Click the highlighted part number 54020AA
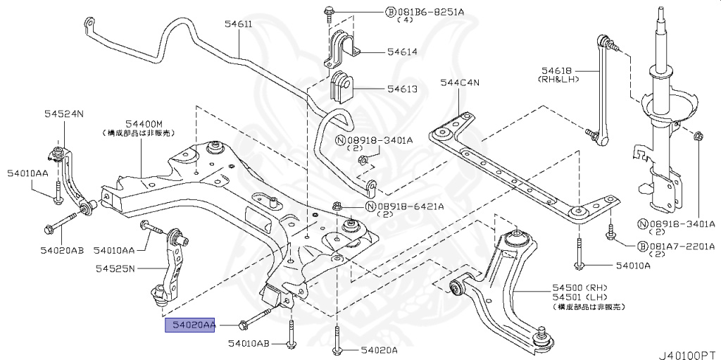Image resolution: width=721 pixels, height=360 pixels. [189, 325]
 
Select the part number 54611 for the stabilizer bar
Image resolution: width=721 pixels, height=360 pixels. [239, 25]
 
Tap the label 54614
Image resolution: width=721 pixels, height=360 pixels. [401, 51]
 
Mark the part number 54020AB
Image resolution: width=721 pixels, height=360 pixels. [62, 249]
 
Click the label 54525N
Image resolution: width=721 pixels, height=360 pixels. [115, 268]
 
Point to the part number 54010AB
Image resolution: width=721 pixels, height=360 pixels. [249, 343]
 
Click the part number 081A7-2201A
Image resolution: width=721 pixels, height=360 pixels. [681, 247]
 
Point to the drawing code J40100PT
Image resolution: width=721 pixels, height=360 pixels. [688, 350]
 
